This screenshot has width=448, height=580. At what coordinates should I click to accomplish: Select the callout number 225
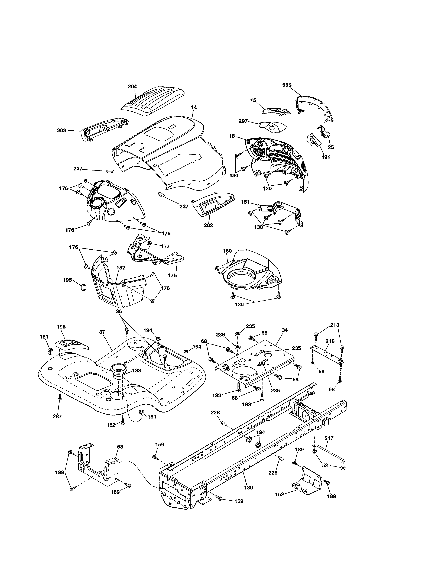[287, 85]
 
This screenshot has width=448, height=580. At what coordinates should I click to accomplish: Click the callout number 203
[61, 130]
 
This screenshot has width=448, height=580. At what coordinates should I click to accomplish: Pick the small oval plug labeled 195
[83, 287]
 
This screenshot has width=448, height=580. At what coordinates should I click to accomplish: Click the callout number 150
[227, 251]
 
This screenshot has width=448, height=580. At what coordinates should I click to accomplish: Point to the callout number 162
[111, 425]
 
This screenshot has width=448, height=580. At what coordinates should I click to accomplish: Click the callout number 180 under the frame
[248, 488]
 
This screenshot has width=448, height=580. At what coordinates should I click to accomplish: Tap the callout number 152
[280, 494]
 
